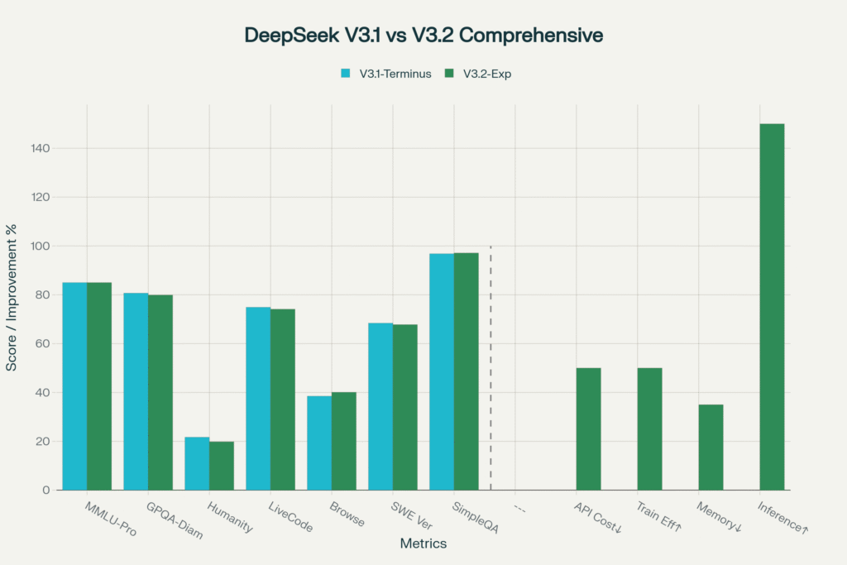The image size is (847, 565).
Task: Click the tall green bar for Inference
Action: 772,307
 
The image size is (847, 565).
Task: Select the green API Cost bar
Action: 588,429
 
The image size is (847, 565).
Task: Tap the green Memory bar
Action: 711,448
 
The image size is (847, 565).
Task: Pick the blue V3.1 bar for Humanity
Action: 197,463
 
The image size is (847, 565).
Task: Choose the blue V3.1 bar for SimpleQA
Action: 442,371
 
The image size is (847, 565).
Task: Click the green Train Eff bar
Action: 649,429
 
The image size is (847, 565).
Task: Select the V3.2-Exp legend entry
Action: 484,74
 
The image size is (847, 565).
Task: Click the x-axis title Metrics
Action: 423,543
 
